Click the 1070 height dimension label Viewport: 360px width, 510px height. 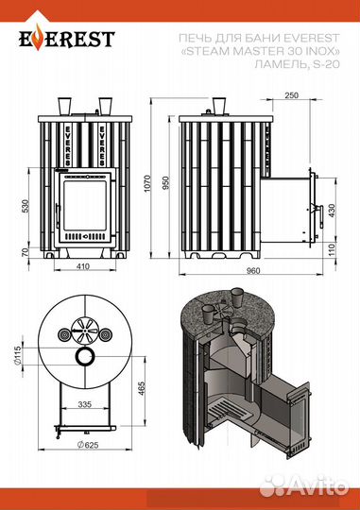pyautogui.click(x=147, y=183)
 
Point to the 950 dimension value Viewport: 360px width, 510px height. pyautogui.click(x=166, y=183)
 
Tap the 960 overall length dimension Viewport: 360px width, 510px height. pyautogui.click(x=253, y=270)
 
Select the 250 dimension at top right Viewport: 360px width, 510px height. pyautogui.click(x=291, y=95)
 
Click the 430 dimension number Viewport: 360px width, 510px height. pyautogui.click(x=332, y=211)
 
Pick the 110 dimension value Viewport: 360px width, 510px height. pyautogui.click(x=332, y=249)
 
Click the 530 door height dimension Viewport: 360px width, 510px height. pyautogui.click(x=26, y=206)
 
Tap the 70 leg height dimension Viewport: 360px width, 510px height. pyautogui.click(x=26, y=252)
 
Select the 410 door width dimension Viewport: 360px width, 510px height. pyautogui.click(x=82, y=266)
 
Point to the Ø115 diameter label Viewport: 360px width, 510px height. pyautogui.click(x=18, y=355)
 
